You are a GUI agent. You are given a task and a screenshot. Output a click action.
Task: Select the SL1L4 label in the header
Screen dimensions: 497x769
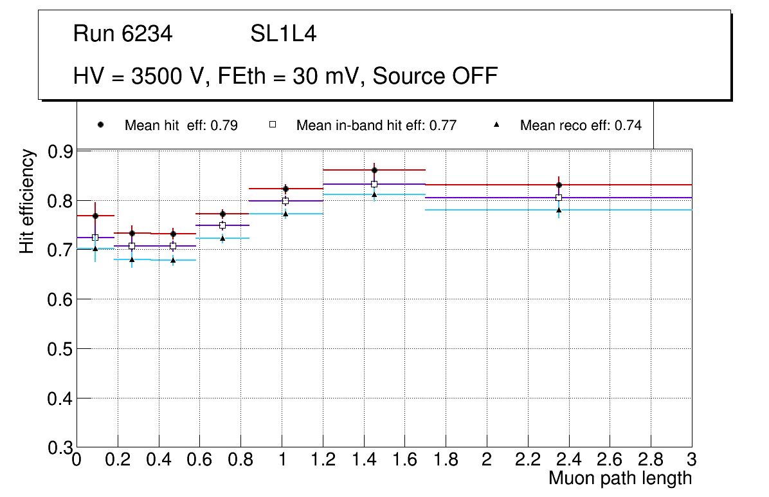284,34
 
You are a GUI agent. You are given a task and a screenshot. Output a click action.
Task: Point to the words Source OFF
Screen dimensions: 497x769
435,76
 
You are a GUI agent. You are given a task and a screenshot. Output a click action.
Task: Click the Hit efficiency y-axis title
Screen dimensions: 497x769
27,201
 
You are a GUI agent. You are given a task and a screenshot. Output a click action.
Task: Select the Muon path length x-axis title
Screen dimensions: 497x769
620,478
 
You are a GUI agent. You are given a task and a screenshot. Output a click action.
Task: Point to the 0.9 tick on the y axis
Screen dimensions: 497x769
62,152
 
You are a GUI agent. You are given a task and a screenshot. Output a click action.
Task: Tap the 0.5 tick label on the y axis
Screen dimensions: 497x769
62,349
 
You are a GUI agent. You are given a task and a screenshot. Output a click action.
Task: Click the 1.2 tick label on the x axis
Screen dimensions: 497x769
323,460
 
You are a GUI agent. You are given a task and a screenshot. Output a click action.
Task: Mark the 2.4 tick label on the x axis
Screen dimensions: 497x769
568,460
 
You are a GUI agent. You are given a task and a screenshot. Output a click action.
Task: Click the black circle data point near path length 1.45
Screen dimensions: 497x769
374,170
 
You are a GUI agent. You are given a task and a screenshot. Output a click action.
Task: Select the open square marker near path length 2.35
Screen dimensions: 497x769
559,198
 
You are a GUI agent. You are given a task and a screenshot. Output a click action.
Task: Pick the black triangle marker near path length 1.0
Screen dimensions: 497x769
285,214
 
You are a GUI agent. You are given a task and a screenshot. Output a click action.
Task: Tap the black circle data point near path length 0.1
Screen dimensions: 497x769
95,216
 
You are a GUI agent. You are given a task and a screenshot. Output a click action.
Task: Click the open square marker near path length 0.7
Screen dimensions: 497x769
222,225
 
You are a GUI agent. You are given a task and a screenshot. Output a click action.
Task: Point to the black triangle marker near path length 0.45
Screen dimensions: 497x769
173,260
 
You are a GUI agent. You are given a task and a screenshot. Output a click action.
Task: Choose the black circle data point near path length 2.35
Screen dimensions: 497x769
559,185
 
